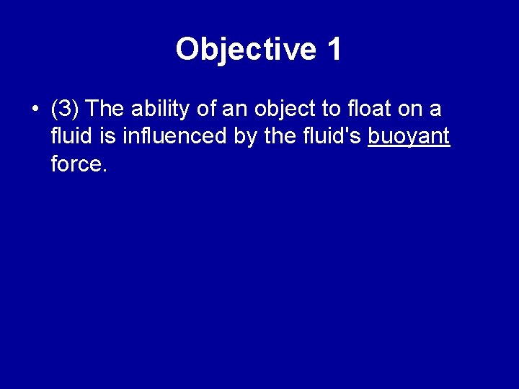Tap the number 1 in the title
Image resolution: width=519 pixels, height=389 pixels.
(334, 50)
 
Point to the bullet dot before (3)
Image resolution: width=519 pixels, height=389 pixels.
(35, 110)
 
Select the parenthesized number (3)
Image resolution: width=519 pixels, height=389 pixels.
(66, 109)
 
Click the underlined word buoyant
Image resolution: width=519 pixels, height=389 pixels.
(409, 137)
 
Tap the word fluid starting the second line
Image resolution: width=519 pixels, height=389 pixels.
(68, 137)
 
